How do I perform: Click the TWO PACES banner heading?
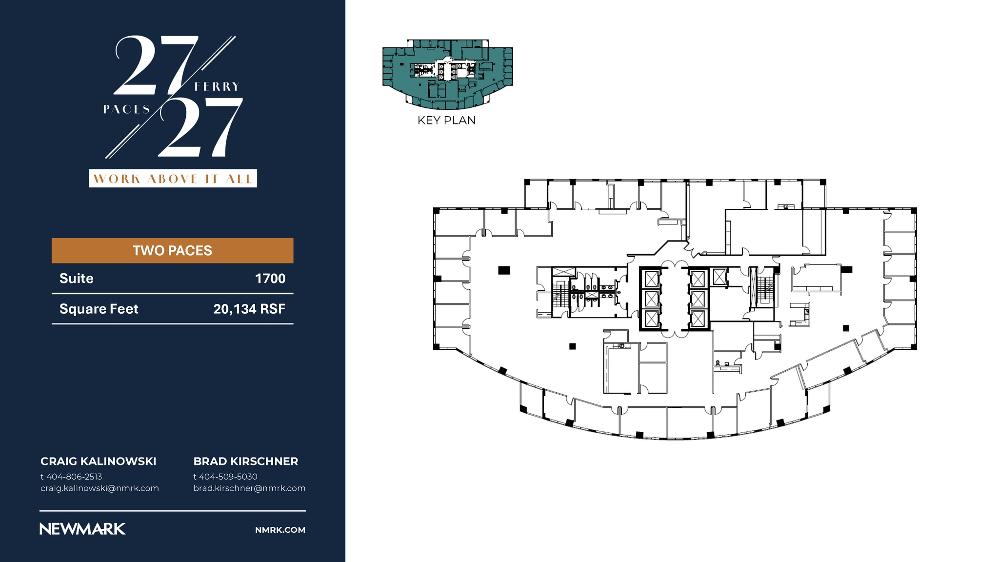tap(172, 251)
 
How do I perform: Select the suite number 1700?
tap(270, 279)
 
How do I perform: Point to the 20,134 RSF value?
tap(249, 309)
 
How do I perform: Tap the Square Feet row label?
tap(99, 309)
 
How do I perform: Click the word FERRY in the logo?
tap(217, 87)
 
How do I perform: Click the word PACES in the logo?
tap(126, 109)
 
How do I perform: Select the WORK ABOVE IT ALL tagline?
tap(173, 179)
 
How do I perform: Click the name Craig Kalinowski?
tap(99, 462)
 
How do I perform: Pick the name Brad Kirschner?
tap(246, 462)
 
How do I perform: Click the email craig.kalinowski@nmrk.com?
tap(100, 488)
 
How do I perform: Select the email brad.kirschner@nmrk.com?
tap(249, 488)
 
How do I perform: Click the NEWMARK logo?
tap(82, 529)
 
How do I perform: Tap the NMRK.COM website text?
tap(280, 530)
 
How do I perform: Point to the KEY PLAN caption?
tap(446, 120)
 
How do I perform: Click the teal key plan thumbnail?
tap(448, 74)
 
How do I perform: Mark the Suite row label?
tap(77, 279)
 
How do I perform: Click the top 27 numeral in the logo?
tap(156, 65)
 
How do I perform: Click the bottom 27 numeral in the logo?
tap(200, 127)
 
